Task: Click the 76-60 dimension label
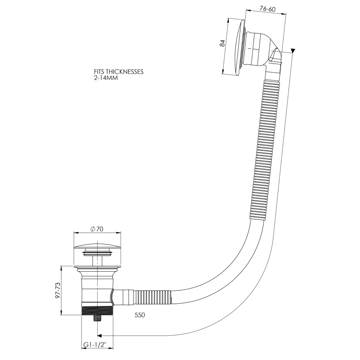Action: click(267, 9)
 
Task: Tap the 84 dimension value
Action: click(222, 43)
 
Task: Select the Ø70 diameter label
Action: click(97, 229)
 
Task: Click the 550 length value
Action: click(140, 315)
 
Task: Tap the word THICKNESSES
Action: click(125, 72)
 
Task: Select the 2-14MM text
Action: click(106, 78)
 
